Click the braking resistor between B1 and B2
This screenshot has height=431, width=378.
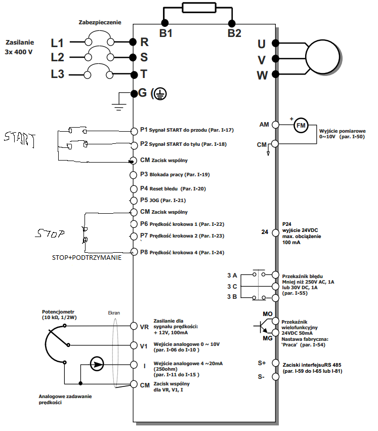point(198,8)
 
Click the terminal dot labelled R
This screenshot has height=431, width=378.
point(133,42)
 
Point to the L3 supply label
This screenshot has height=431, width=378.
point(57,74)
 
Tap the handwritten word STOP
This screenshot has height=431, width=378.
point(50,234)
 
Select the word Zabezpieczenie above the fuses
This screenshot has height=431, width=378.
point(100,23)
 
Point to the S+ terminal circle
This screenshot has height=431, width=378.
point(276,363)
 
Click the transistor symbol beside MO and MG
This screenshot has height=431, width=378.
point(264,327)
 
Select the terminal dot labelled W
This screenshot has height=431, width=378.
point(276,75)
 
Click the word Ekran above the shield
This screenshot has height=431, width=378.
point(114,313)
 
